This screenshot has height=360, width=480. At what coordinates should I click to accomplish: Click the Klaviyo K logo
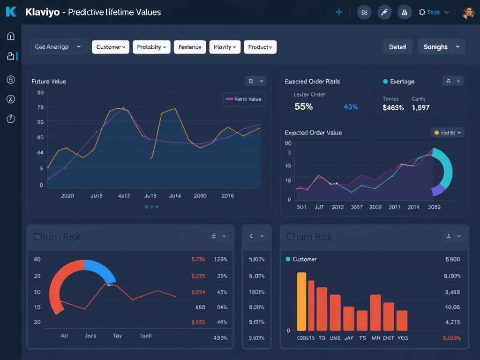click(11, 12)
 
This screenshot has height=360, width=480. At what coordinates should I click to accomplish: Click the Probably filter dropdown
click(151, 47)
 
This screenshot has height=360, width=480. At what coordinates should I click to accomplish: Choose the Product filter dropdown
click(260, 47)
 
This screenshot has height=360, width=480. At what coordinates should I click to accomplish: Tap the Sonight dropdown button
click(441, 47)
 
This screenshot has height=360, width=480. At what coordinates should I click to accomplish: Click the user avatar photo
click(468, 13)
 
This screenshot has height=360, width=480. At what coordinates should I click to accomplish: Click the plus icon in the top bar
click(339, 12)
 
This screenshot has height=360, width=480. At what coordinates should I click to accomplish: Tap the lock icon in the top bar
click(405, 13)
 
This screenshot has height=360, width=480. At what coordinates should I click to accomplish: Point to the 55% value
click(303, 107)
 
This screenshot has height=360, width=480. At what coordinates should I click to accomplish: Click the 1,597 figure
click(420, 108)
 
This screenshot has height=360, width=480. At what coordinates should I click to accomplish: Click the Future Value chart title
click(49, 82)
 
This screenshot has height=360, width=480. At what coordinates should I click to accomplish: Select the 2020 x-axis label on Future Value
click(67, 196)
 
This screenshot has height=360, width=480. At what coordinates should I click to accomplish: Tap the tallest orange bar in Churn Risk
click(301, 301)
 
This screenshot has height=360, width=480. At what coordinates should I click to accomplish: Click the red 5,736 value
click(198, 259)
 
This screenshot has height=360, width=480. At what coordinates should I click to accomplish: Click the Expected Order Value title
click(313, 133)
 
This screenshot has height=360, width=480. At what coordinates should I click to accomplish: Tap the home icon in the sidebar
click(11, 37)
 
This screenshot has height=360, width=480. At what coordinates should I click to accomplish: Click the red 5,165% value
click(451, 338)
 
